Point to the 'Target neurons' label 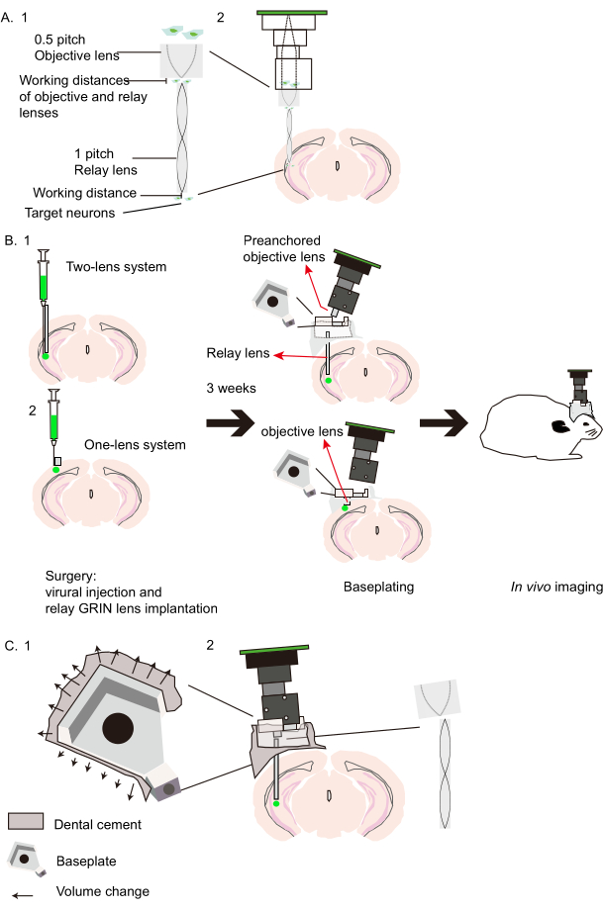(68, 212)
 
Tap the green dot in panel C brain (276, 803)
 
